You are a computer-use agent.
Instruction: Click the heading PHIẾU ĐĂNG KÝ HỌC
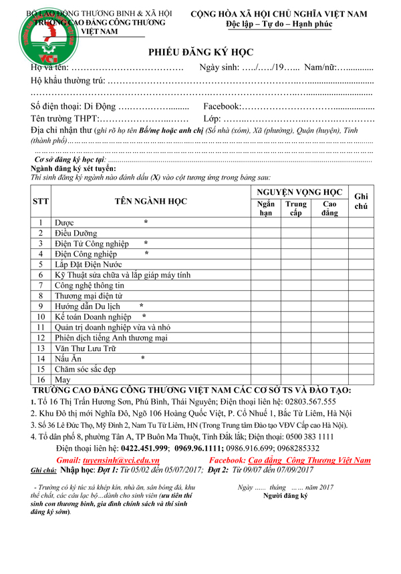200,53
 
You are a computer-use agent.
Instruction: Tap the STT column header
41,201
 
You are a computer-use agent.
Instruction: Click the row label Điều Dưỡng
76,234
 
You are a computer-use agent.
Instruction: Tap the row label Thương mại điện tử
89,296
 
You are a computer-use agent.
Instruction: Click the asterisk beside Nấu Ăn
142,358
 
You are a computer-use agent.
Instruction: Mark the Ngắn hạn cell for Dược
265,223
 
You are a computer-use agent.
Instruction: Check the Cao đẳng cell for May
329,379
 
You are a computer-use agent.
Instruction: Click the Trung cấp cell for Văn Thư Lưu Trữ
296,348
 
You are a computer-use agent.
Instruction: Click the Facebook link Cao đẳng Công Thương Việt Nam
309,461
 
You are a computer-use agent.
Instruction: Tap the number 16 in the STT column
41,379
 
